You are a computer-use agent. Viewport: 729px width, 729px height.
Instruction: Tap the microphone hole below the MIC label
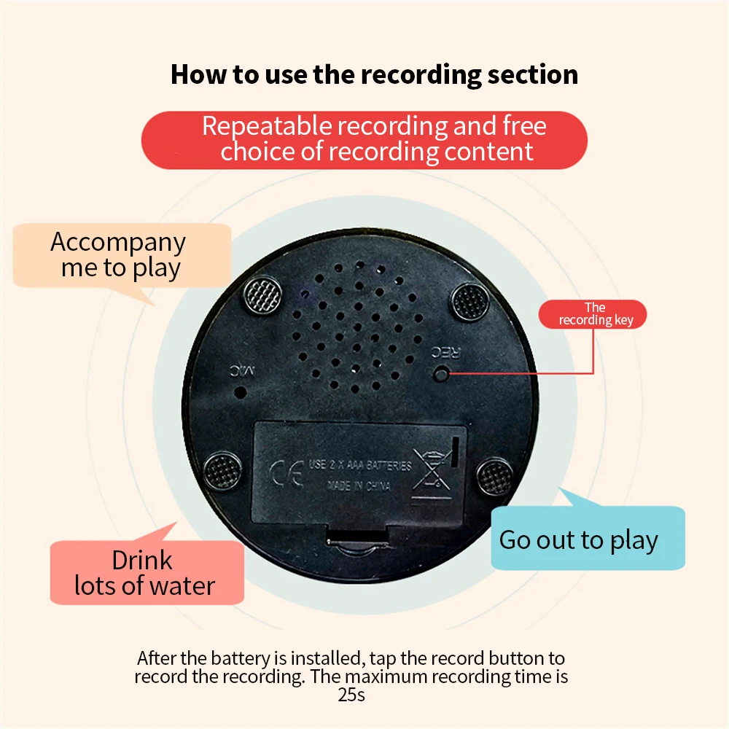click(x=239, y=391)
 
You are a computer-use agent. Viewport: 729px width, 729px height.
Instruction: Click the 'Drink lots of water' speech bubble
click(x=144, y=572)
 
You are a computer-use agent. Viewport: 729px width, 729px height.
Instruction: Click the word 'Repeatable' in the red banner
click(x=266, y=126)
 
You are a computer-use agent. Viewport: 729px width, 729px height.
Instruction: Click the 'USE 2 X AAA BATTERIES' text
click(x=360, y=465)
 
